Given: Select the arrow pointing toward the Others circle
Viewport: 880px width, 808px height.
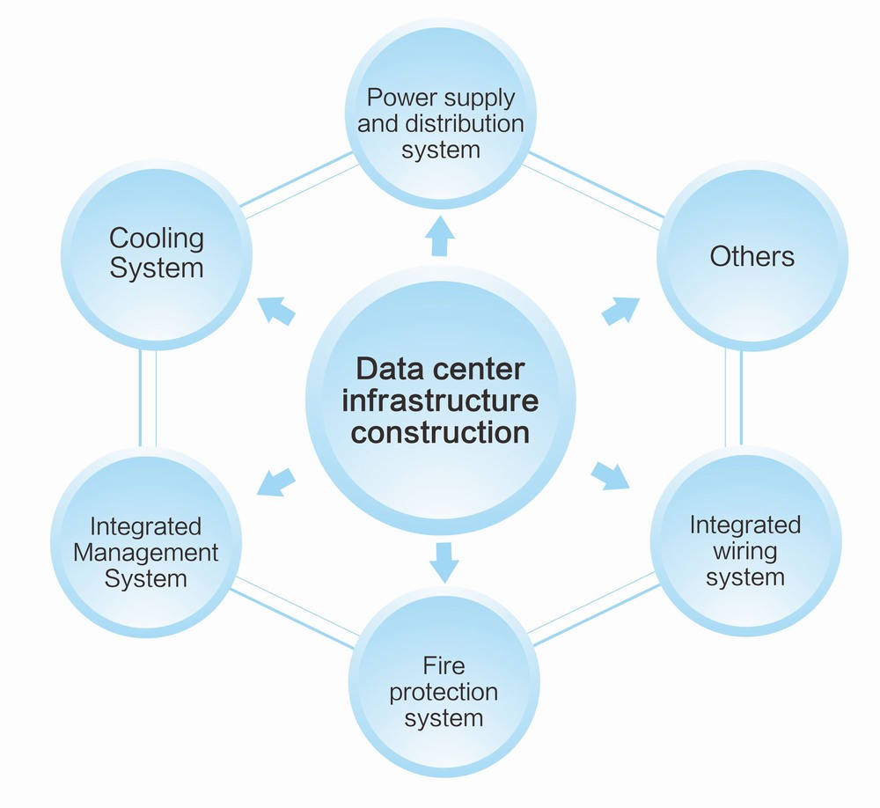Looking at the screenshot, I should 621,310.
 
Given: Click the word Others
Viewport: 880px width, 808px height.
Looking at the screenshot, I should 752,257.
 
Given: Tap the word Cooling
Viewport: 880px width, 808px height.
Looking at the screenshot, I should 157,238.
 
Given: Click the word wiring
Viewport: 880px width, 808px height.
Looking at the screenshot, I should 745,552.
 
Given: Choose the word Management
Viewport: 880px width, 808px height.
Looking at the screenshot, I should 146,553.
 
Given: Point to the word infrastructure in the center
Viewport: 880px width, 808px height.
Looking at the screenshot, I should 440,400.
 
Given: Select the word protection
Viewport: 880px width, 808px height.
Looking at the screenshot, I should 444,691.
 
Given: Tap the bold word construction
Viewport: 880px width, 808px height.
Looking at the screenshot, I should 441,433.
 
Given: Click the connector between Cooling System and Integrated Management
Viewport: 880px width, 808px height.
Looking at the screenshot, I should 149,398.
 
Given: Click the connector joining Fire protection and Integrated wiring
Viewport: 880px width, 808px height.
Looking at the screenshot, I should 595,606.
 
